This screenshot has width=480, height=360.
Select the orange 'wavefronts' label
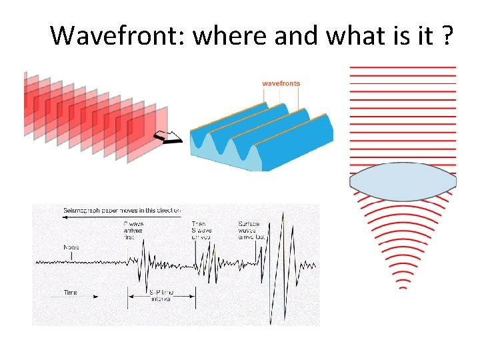tap(281, 83)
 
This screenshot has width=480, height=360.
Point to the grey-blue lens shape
tap(403, 181)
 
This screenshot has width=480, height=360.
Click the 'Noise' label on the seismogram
tap(71, 247)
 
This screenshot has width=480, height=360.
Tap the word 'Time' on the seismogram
tap(71, 293)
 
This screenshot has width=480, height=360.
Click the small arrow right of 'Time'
tap(93, 293)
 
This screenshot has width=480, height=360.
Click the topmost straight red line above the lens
tap(403, 67)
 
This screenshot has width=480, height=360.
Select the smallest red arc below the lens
tap(403, 287)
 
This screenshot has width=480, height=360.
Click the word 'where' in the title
tap(223, 35)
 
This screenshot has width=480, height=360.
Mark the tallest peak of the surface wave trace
tap(283, 215)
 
